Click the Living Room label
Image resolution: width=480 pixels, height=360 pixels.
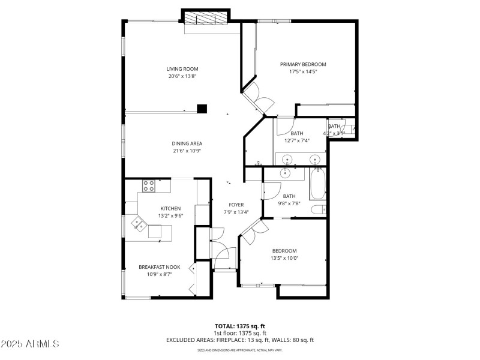tap(182, 69)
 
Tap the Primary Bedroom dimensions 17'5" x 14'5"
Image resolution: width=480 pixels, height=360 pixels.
tap(303, 71)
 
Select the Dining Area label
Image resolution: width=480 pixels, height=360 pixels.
tap(187, 143)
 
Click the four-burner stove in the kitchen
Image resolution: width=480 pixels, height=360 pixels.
tap(148, 186)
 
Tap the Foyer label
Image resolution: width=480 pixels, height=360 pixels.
tap(236, 205)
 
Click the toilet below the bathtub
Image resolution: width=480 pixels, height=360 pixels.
tap(318, 209)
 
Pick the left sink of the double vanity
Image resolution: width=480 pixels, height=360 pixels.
tap(287, 160)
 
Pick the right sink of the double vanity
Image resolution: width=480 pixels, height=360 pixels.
tap(314, 160)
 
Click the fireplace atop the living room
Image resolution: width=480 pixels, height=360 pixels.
tap(206, 19)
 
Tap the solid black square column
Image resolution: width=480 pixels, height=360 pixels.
tap(202, 109)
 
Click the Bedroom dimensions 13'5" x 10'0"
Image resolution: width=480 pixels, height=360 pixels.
tap(284, 259)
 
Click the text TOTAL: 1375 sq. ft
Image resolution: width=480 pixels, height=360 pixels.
tap(240, 326)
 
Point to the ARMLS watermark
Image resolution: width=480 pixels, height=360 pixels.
tap(30, 344)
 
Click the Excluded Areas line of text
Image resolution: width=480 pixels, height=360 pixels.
tap(240, 340)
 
